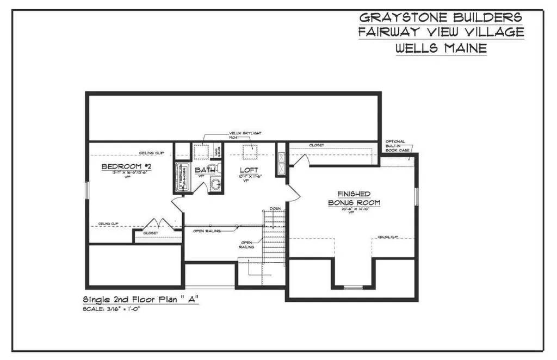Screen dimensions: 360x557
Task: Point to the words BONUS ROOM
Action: (x=354, y=202)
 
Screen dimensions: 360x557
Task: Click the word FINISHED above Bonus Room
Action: (x=354, y=194)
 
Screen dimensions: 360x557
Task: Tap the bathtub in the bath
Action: (x=181, y=177)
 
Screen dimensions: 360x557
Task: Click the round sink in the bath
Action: (x=216, y=186)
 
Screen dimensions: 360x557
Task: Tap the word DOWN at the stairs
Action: (x=275, y=208)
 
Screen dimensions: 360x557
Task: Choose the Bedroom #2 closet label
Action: (x=151, y=233)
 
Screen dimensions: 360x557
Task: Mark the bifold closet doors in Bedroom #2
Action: (x=158, y=224)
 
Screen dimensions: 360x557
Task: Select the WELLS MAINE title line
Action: (x=441, y=48)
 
